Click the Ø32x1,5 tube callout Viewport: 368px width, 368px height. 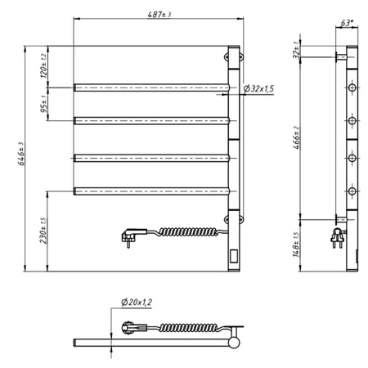click(258, 88)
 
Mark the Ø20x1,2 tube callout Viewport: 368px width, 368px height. click(137, 303)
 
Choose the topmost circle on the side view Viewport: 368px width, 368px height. click(352, 85)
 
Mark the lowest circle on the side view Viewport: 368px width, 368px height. click(352, 191)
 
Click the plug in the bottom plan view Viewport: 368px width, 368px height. click(128, 328)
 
